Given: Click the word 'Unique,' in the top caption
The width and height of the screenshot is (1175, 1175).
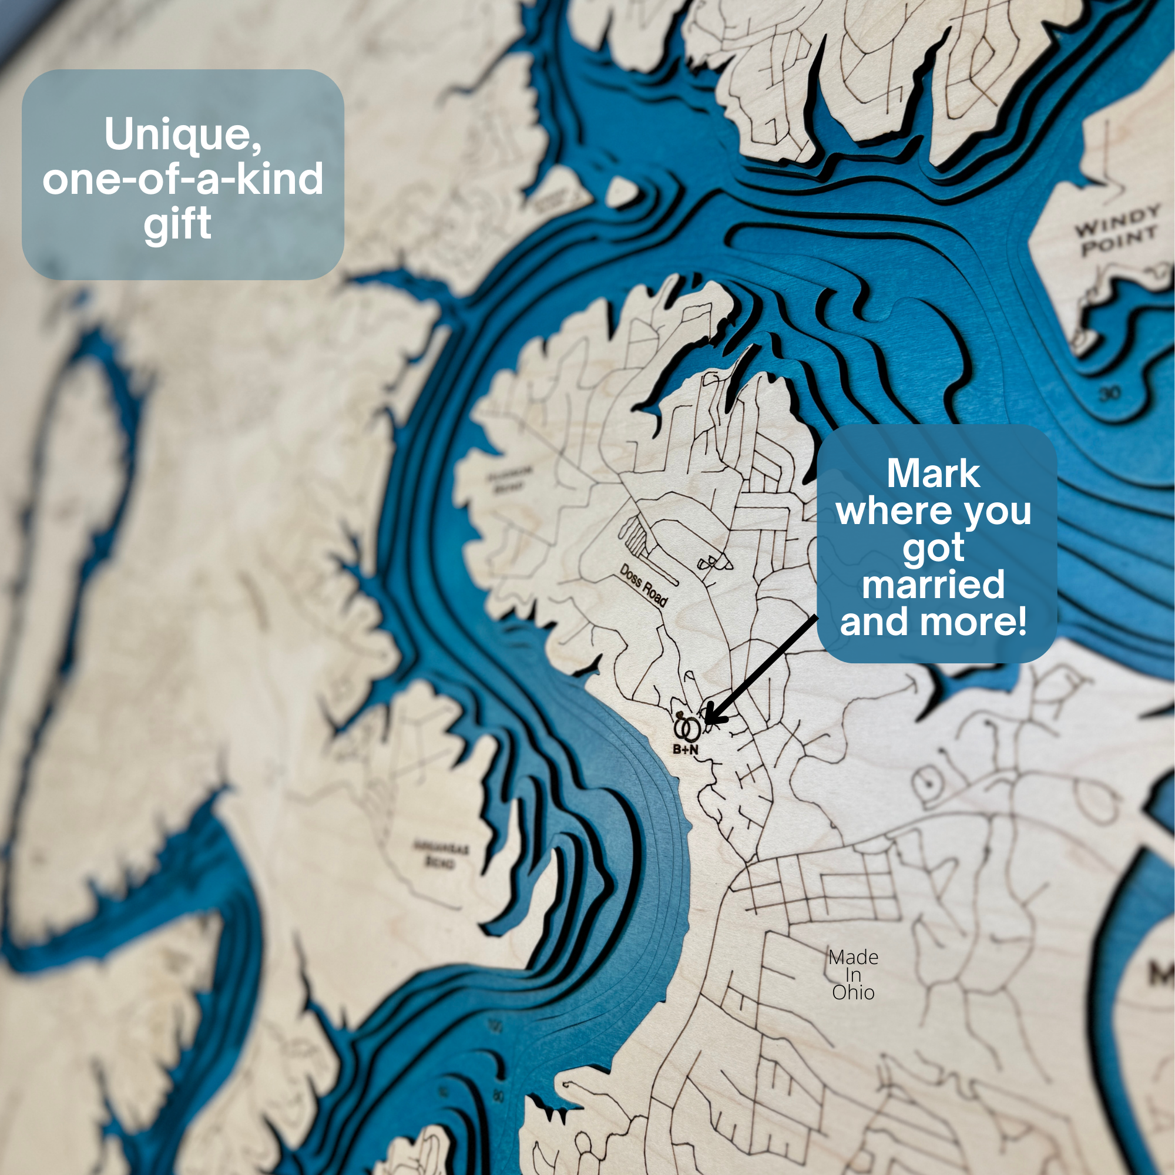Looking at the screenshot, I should pos(183,135).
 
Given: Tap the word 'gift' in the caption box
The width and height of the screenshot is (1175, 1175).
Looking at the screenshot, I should pos(177,225).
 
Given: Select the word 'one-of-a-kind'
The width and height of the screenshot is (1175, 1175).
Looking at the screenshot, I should pos(183,179).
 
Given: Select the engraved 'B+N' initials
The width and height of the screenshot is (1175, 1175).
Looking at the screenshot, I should pos(686,750).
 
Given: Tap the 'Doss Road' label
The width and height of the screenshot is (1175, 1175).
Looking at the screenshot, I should pos(643,585).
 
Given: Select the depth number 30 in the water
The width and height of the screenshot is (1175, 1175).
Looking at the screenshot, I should pos(1109,394).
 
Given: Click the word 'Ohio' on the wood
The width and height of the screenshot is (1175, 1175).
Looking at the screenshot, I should pos(853,992).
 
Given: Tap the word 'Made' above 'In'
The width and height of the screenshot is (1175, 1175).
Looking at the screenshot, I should pos(853,957).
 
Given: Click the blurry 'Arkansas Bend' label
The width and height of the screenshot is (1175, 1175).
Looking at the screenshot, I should pos(442,854).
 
